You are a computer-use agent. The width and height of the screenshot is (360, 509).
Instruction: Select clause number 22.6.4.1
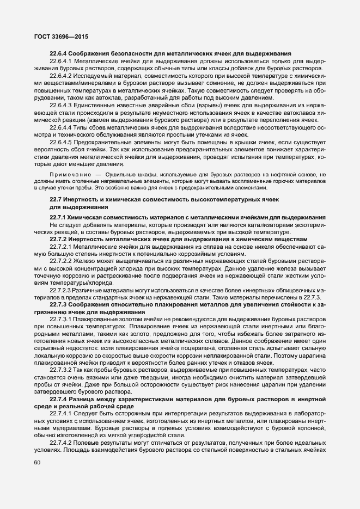pos(61,62)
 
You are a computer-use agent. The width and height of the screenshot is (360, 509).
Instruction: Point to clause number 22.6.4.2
pos(61,76)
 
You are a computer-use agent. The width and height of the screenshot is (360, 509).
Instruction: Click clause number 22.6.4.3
pos(61,104)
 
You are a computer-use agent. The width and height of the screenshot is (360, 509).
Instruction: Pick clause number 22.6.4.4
pos(61,126)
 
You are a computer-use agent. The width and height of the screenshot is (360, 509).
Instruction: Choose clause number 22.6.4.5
pos(61,140)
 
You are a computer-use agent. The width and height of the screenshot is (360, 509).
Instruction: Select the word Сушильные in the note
pos(120,174)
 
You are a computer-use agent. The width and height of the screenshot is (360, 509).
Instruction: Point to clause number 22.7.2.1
pos(61,247)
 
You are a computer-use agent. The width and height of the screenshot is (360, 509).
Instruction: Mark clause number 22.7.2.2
pos(61,261)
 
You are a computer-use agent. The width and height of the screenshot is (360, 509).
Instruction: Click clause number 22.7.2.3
pos(61,289)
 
